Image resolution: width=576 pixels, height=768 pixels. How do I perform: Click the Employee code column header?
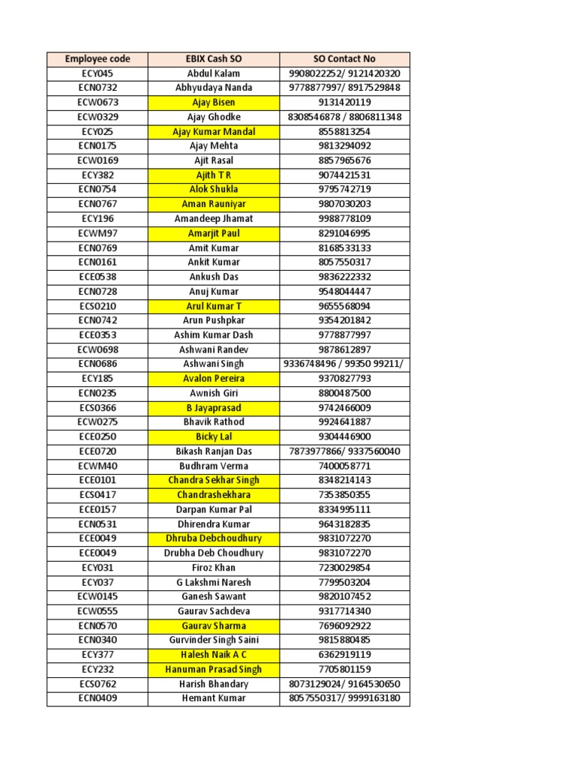click(x=97, y=58)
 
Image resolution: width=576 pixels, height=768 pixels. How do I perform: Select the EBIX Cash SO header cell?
click(x=214, y=58)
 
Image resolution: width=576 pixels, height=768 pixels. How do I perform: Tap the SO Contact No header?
click(x=344, y=58)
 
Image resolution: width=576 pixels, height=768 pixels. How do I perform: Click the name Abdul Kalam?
click(x=214, y=73)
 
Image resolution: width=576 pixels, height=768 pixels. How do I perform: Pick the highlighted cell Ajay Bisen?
click(x=214, y=103)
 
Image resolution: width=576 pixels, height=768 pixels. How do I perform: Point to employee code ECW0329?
click(x=97, y=117)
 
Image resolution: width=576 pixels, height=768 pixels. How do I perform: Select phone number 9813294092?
click(x=344, y=146)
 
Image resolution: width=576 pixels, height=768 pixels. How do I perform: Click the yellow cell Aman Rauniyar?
click(x=214, y=204)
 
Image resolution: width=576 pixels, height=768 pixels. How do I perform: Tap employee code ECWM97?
click(x=97, y=233)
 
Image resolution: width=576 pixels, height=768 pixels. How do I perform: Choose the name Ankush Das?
click(x=214, y=277)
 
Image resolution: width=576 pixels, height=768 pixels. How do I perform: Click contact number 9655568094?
click(x=344, y=306)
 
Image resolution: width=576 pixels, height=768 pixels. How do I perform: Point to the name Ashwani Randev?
click(x=214, y=349)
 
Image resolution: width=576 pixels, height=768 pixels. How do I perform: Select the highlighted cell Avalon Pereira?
click(x=214, y=379)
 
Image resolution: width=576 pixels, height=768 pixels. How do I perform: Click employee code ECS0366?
click(x=97, y=408)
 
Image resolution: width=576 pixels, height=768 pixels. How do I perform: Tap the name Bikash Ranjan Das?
click(x=214, y=451)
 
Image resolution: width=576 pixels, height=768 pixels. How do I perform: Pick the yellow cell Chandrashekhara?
click(x=214, y=495)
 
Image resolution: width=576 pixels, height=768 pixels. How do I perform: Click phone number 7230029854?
click(x=344, y=568)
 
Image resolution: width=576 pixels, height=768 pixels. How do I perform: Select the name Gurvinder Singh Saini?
click(x=214, y=640)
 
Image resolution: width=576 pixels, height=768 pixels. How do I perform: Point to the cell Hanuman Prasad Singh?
click(x=214, y=669)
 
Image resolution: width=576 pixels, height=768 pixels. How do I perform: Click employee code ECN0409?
click(x=97, y=698)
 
